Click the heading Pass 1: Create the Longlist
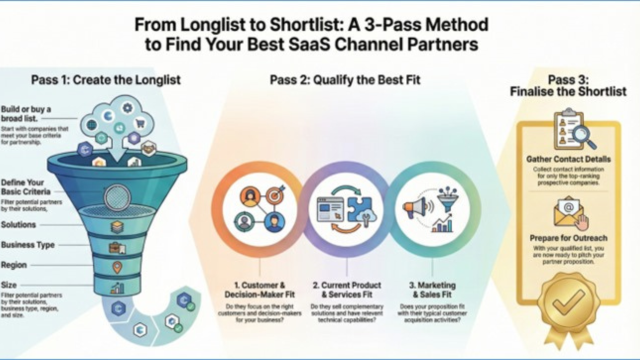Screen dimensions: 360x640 click(x=106, y=80)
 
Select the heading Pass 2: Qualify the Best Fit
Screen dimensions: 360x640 click(x=345, y=80)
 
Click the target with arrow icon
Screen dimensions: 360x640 click(x=274, y=194)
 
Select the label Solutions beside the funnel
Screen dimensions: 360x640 click(x=18, y=225)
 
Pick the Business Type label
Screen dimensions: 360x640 click(x=28, y=245)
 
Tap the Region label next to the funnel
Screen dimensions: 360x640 click(x=14, y=265)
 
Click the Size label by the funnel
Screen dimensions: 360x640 click(x=9, y=285)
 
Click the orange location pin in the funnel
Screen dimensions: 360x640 click(x=117, y=267)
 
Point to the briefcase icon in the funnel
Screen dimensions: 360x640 click(x=117, y=247)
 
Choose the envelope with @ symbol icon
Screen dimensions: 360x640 click(x=567, y=210)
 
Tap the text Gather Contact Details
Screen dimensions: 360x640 click(x=568, y=159)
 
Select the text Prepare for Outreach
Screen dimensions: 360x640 click(x=568, y=238)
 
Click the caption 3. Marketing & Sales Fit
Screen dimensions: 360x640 click(x=432, y=289)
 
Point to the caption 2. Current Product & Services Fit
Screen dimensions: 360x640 click(x=347, y=289)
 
